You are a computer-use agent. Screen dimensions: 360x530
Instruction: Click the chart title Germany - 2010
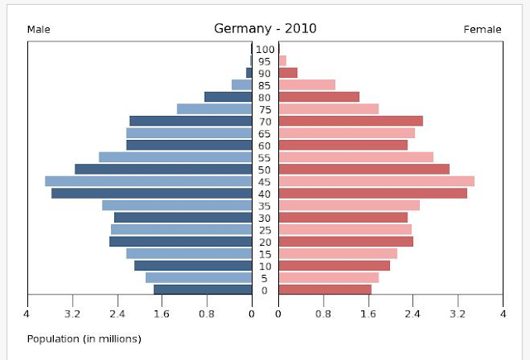[264, 28]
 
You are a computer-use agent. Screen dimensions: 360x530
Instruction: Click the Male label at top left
[39, 30]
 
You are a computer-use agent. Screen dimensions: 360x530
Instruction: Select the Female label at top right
[482, 30]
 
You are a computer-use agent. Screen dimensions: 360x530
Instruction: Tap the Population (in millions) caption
[84, 338]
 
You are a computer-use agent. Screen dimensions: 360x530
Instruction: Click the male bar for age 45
[148, 181]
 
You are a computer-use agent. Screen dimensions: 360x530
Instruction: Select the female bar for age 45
[376, 181]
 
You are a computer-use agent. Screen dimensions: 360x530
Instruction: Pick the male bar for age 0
[202, 290]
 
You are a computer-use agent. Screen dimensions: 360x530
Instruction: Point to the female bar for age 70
[350, 121]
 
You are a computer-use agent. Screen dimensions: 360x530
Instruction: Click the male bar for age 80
[228, 97]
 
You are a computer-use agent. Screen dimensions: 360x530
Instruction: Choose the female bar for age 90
[287, 73]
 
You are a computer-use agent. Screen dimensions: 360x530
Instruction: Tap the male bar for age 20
[181, 242]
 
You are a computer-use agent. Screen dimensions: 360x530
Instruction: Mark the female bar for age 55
[355, 157]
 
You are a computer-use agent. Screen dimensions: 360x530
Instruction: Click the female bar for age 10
[334, 266]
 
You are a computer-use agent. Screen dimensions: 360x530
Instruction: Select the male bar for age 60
[189, 145]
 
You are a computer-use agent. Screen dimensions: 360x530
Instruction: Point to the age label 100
[265, 50]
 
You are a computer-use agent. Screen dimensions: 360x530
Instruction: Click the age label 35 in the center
[265, 205]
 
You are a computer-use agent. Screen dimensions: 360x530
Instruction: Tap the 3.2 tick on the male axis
[72, 314]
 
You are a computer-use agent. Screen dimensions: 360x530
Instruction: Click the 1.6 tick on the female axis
[369, 314]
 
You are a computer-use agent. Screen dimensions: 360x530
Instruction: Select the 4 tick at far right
[503, 314]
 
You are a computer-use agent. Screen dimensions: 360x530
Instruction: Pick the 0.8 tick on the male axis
[206, 314]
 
